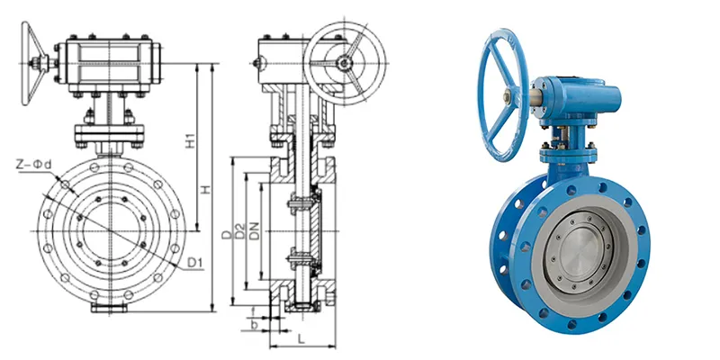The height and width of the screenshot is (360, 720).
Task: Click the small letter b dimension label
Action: coord(256,322)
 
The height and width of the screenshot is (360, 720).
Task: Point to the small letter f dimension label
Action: coord(255,309)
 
